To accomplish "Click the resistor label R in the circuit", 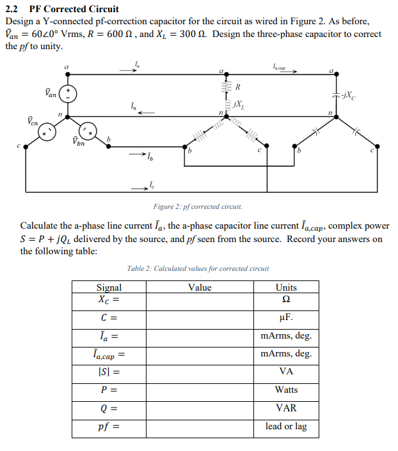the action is coord(237,86).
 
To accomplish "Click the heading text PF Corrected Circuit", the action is coord(74,9).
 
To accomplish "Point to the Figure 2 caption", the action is coord(198,207).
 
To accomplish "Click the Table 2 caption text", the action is coord(198,268).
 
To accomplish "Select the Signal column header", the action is coord(108,287).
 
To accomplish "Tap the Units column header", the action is coord(286,287).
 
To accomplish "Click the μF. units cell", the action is coord(286,317).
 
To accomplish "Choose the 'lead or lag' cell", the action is coord(286,426).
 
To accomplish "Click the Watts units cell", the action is coord(286,390).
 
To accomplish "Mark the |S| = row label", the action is coord(108,372).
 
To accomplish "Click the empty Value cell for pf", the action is coord(200,426).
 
